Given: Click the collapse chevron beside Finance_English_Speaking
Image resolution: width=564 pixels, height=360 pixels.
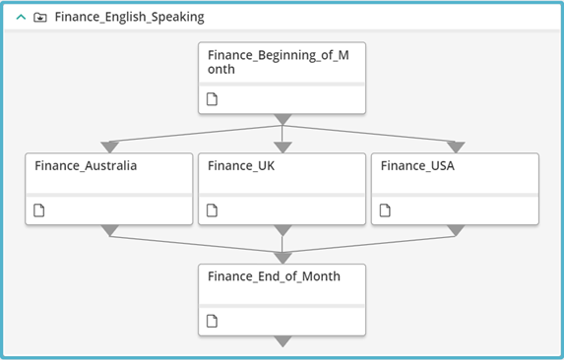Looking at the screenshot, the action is click(22, 17).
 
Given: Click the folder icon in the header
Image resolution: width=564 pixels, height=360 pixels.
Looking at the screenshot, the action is click(40, 18).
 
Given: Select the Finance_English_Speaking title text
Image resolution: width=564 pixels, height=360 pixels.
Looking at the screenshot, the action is click(130, 17).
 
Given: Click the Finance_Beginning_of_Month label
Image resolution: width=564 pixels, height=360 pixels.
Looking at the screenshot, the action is click(278, 62).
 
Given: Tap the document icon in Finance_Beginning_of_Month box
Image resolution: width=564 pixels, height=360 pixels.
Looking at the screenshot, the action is click(212, 99).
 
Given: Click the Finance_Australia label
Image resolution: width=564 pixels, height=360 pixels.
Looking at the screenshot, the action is click(86, 165).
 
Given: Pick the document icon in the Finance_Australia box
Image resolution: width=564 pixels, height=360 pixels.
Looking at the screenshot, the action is click(38, 210).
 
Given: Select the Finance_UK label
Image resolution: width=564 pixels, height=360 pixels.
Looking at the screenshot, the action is click(241, 165).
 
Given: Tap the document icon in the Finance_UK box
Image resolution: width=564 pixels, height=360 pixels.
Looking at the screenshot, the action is click(212, 210).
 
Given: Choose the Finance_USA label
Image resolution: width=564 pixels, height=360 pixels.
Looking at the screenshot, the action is click(417, 165).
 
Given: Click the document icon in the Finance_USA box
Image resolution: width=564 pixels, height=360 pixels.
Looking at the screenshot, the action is click(385, 210).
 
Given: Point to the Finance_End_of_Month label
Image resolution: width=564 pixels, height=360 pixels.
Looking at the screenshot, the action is click(274, 276).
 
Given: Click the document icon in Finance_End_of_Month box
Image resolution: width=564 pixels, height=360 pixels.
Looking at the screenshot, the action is click(212, 322).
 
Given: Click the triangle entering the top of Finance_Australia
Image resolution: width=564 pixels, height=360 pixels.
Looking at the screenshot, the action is click(109, 147).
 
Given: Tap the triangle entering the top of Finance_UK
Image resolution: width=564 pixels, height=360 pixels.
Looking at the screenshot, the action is click(282, 147).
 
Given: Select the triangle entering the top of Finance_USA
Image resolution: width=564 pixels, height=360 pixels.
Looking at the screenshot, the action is click(456, 147).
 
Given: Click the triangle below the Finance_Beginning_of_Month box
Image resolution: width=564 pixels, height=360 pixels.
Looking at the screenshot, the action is click(282, 119).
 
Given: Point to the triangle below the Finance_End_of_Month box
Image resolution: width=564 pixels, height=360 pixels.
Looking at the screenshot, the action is click(282, 341).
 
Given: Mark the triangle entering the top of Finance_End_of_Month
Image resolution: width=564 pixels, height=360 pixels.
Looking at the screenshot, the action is click(282, 258).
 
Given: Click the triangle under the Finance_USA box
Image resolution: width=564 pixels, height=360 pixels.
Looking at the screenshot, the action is click(456, 230).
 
